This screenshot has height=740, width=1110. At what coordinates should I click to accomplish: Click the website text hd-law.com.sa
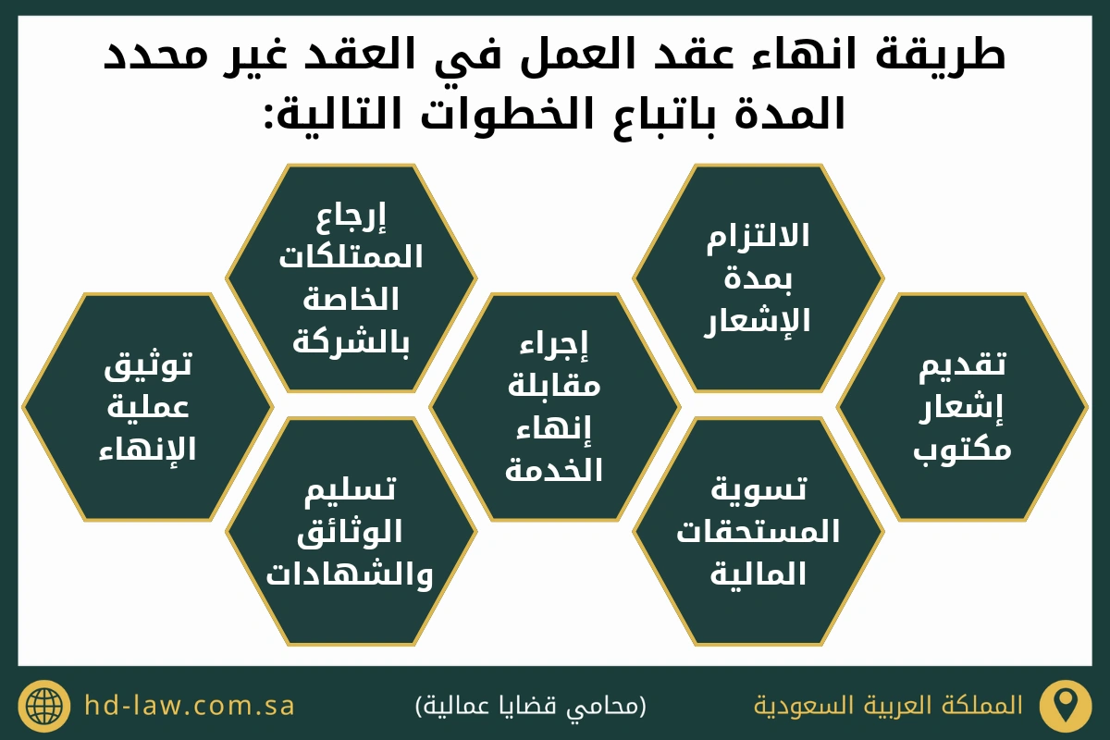pyautogui.click(x=190, y=705)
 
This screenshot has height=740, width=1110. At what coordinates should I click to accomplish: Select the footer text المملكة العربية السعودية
pyautogui.click(x=889, y=705)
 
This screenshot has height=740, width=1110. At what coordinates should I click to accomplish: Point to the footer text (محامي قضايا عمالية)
pyautogui.click(x=531, y=705)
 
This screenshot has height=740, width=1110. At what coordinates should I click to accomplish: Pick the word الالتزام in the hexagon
pyautogui.click(x=758, y=236)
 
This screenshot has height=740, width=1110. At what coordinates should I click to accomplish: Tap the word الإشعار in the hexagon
pyautogui.click(x=758, y=321)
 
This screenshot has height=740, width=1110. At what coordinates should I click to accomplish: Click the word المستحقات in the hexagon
pyautogui.click(x=758, y=532)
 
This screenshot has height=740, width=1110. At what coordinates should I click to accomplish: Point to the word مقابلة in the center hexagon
pyautogui.click(x=554, y=386)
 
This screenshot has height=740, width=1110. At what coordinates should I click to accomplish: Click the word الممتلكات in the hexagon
pyautogui.click(x=351, y=257)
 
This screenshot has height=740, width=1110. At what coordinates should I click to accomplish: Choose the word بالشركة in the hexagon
pyautogui.click(x=351, y=342)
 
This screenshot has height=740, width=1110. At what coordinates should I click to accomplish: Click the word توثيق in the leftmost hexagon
pyautogui.click(x=148, y=365)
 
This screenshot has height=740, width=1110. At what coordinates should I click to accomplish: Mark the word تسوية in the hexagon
pyautogui.click(x=759, y=490)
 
